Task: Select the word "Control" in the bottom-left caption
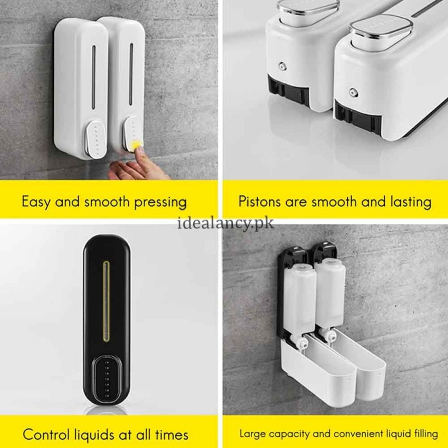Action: [x=48, y=434]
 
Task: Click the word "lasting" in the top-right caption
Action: [x=410, y=202]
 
